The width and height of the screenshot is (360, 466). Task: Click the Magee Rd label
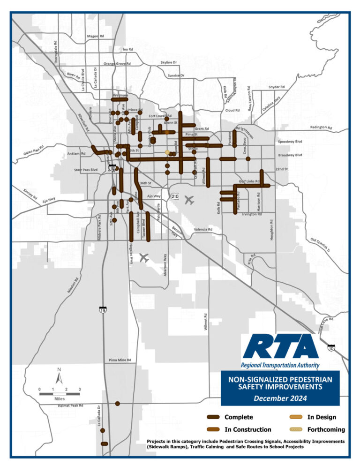[x=95, y=36]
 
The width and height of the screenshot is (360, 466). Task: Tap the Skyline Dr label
[x=169, y=62]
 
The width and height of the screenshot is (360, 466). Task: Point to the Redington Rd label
[x=321, y=128]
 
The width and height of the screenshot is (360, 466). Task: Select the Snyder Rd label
[x=276, y=87]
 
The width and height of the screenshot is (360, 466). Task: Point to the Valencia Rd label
[x=203, y=230]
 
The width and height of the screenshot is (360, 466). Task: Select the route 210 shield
[x=175, y=195]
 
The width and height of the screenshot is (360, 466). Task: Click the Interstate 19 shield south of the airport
[x=103, y=310]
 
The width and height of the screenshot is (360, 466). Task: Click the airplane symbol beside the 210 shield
[x=189, y=200]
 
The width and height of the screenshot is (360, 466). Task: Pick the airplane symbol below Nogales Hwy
[x=144, y=258]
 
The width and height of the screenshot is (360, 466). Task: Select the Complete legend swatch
[x=214, y=417]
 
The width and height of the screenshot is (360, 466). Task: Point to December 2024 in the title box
[x=280, y=398]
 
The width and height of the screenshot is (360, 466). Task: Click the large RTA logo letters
[x=280, y=347]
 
